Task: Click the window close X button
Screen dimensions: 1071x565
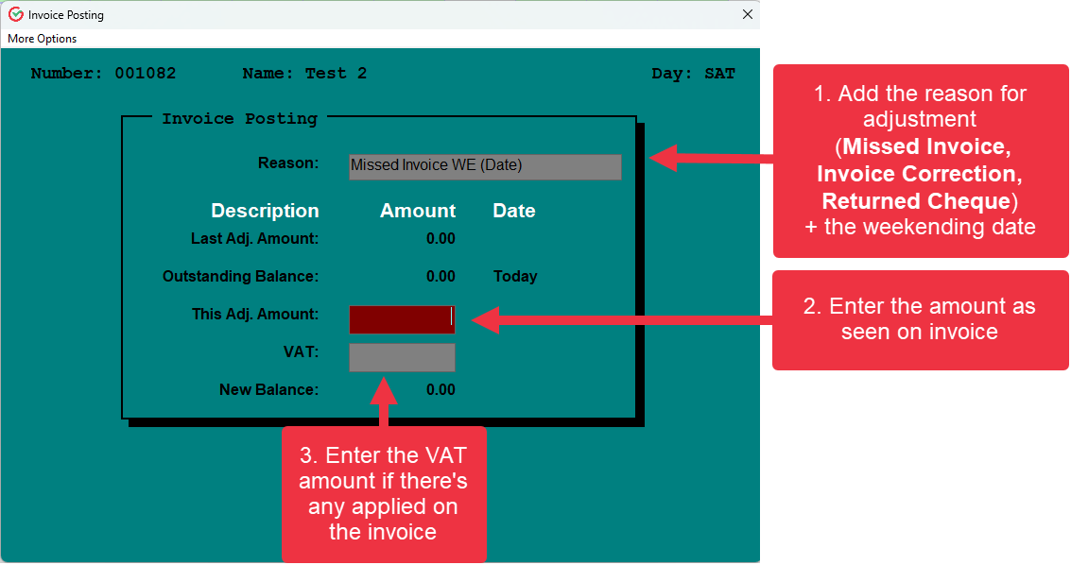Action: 747,14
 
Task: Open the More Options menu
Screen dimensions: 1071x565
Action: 43,39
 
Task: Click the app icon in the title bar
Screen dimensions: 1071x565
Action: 15,14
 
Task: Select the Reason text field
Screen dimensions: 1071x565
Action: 485,166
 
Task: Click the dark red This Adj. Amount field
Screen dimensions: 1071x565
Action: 402,319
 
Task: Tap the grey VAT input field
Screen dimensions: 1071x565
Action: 402,357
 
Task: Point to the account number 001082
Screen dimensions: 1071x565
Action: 146,74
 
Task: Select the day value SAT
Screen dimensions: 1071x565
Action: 719,74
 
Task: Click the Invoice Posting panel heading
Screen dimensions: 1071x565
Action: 239,119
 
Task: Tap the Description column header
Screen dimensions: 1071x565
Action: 265,211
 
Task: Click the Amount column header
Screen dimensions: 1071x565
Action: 418,211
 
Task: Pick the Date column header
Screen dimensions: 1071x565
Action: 514,211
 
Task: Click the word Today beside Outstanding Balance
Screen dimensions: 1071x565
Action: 515,277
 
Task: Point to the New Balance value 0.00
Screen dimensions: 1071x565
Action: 440,389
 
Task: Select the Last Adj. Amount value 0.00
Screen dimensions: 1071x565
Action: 440,239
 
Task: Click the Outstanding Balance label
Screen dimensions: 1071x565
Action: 240,277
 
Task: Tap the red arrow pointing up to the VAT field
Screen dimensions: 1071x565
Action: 385,402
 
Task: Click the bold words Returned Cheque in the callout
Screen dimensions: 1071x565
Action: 916,201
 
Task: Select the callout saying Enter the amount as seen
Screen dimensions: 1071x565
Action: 920,319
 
